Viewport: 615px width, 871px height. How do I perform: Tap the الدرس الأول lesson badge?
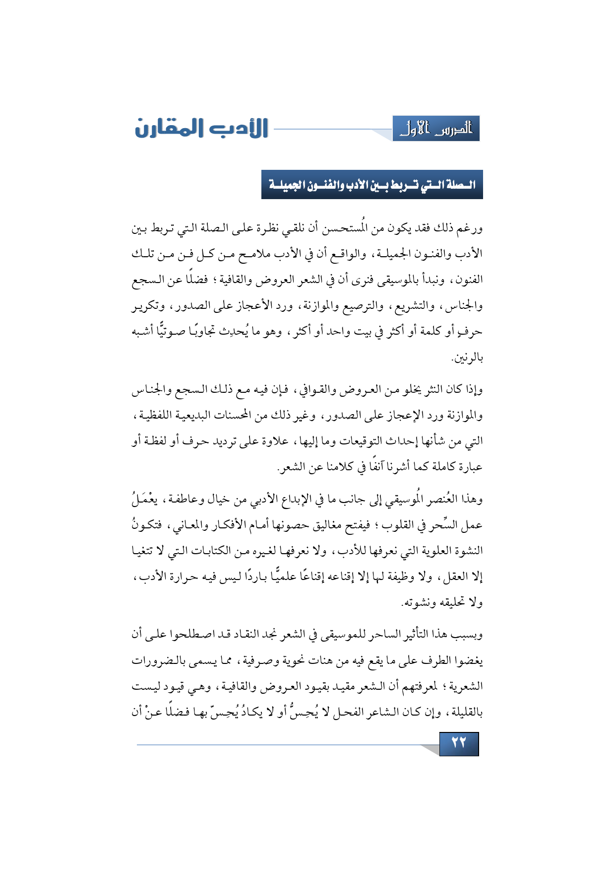point(436,129)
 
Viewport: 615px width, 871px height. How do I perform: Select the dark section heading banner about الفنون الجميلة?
point(372,185)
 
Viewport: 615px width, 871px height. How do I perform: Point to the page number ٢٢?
point(459,743)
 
